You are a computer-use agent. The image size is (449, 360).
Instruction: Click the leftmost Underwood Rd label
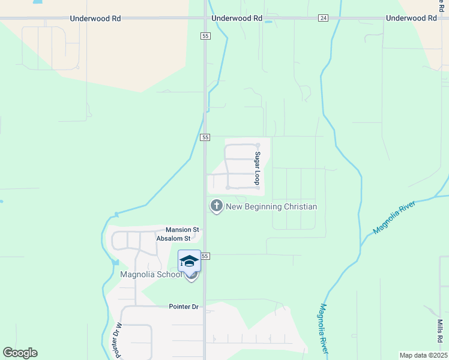(95, 19)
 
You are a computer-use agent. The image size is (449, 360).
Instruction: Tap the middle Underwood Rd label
(237, 19)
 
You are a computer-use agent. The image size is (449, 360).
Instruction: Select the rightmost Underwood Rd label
(411, 19)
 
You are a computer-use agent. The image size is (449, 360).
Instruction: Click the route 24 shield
(324, 19)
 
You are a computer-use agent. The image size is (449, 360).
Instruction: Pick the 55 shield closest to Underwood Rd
(205, 37)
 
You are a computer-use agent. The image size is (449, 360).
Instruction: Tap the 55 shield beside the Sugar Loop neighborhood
(205, 137)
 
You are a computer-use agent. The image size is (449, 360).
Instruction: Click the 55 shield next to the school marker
(205, 256)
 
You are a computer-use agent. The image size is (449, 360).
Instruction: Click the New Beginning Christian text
(271, 207)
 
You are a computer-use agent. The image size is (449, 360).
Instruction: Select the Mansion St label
(182, 230)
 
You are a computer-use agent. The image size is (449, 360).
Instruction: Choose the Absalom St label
(173, 238)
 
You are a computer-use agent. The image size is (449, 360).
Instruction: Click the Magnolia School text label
(151, 275)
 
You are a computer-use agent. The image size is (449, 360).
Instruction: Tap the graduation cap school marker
(189, 261)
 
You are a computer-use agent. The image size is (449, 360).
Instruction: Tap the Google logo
(20, 353)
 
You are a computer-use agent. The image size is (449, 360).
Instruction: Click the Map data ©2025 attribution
(423, 355)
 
